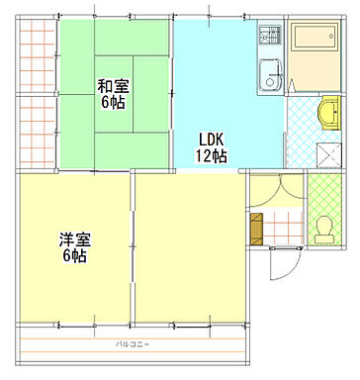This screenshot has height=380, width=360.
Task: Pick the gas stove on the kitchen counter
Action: (x=269, y=38)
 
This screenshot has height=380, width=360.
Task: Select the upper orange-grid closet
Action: (x=36, y=55)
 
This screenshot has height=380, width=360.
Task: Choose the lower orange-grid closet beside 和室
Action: (x=36, y=129)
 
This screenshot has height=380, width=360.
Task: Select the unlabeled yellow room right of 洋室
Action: (x=190, y=247)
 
